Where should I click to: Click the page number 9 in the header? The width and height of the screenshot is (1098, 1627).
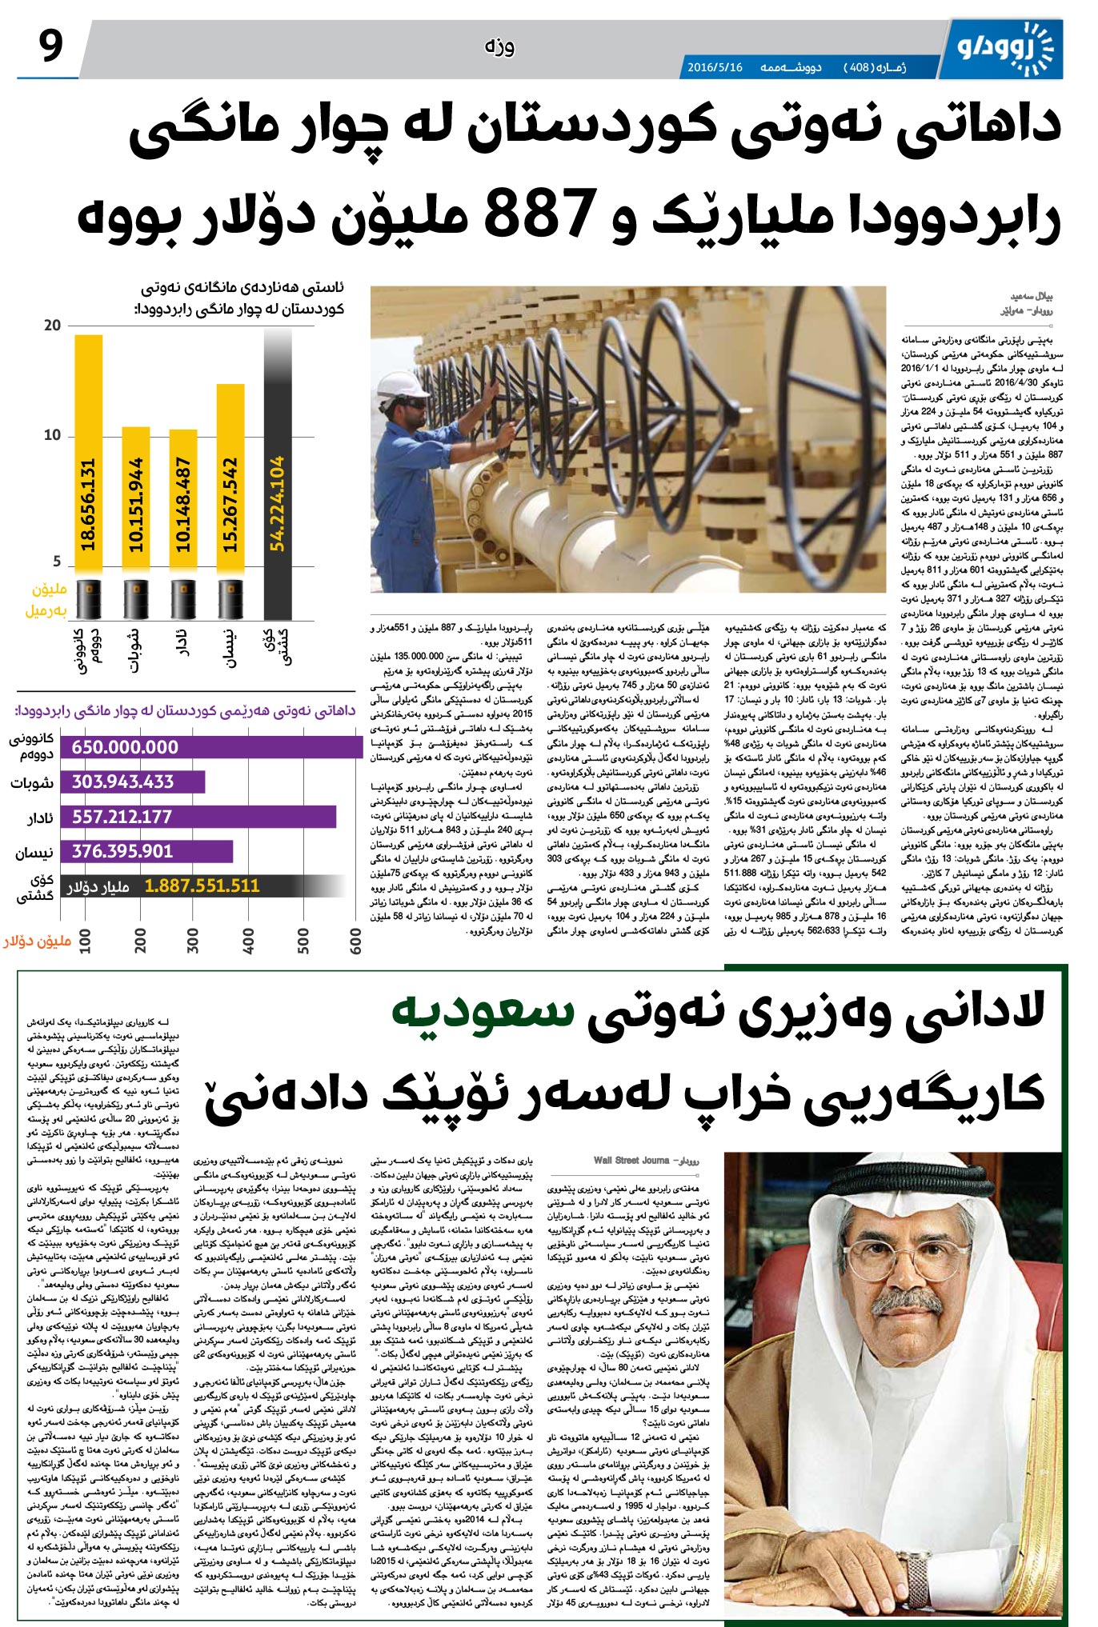50,46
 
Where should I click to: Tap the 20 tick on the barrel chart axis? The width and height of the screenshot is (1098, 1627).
53,326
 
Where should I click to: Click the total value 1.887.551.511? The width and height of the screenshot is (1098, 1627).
202,886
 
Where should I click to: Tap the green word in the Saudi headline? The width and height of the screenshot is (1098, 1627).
482,1014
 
